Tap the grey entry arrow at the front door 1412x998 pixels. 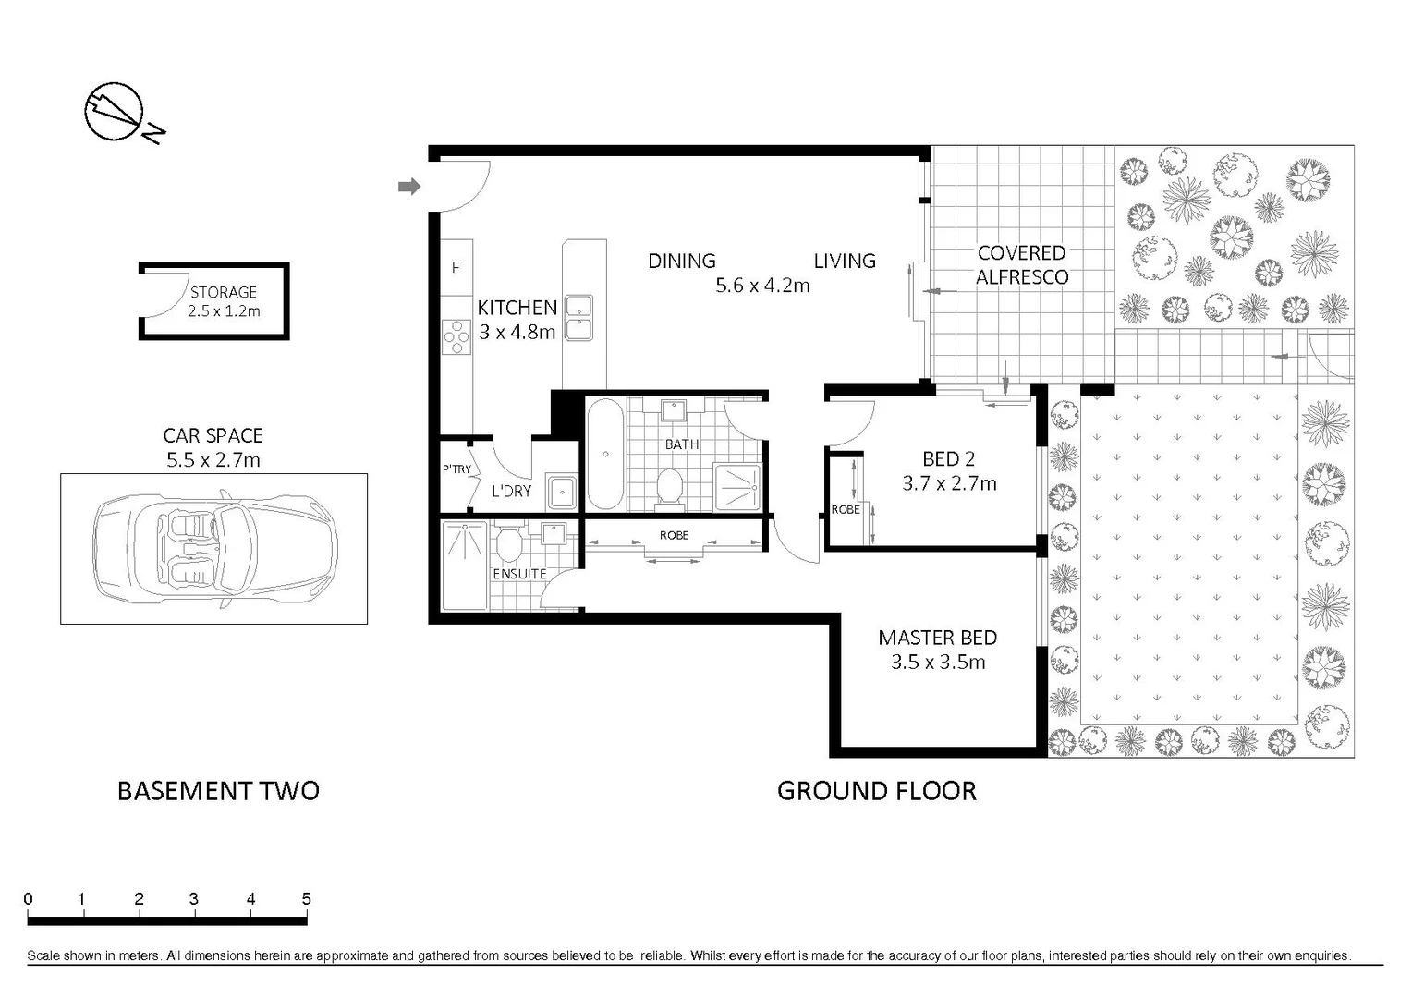point(408,188)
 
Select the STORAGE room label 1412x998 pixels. point(223,292)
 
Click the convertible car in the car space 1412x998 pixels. point(214,549)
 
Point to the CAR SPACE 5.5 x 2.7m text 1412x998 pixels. point(213,447)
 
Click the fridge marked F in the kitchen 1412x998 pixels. point(456,268)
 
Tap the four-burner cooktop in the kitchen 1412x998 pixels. point(456,337)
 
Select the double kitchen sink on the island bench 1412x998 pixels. point(579,318)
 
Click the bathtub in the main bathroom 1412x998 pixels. point(605,454)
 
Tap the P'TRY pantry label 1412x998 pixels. point(456,469)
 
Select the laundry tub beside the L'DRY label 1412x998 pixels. point(562,493)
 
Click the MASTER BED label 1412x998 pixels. point(937,638)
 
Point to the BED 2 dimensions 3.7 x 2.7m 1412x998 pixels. point(949,483)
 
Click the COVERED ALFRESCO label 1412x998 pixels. point(1021,264)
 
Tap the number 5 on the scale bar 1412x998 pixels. point(306,898)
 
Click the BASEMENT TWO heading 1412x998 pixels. point(218,791)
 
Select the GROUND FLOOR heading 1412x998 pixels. point(876,791)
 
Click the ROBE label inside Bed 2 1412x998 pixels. point(845,510)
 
